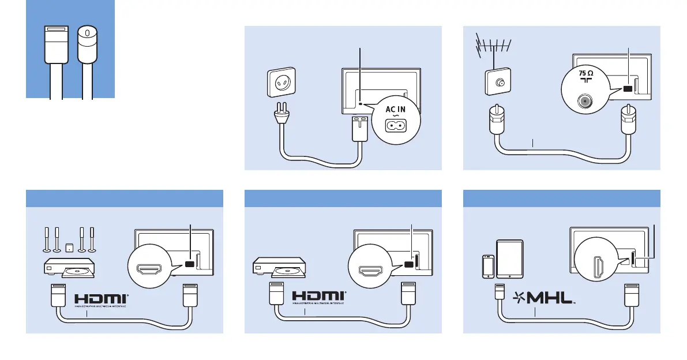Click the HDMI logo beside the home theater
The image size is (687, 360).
[x=102, y=299]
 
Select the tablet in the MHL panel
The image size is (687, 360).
[x=509, y=258]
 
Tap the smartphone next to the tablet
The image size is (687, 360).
[x=487, y=267]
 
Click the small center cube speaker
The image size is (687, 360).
[x=69, y=248]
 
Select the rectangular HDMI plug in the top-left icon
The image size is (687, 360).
[x=55, y=43]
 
